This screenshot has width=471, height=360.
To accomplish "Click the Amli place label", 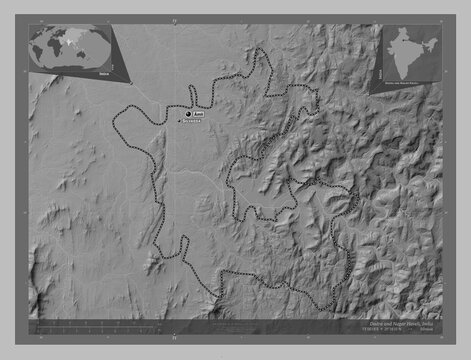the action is [199, 114].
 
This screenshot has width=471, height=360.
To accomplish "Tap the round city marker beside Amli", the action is [188, 116].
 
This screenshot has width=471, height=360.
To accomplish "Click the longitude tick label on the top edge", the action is [173, 19].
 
